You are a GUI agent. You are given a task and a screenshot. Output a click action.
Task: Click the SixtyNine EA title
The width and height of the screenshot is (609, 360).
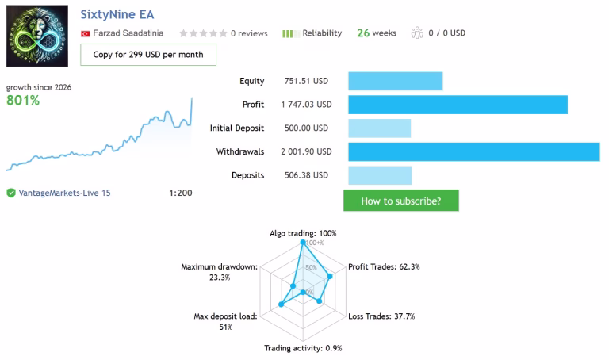click(x=117, y=15)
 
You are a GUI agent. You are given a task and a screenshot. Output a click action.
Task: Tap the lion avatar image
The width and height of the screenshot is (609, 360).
click(x=37, y=36)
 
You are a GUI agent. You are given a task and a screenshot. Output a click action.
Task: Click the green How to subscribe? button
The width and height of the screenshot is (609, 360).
click(x=400, y=201)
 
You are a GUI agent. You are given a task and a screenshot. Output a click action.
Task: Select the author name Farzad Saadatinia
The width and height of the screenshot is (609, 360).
click(x=128, y=33)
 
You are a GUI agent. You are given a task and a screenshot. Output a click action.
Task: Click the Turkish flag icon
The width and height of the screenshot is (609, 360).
click(x=86, y=34)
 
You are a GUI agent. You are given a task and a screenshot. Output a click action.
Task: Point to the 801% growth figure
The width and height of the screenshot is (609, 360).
click(x=23, y=101)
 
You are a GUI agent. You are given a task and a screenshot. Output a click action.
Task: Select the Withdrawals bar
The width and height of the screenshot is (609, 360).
click(x=474, y=151)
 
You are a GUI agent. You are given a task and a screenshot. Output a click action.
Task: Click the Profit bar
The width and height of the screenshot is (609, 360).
click(x=458, y=105)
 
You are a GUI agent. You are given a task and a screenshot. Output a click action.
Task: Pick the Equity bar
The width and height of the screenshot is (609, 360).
click(x=396, y=81)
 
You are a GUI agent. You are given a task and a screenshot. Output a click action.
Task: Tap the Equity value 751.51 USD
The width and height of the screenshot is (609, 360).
click(x=306, y=81)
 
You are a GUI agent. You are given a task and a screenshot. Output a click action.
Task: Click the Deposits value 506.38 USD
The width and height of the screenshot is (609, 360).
click(x=306, y=175)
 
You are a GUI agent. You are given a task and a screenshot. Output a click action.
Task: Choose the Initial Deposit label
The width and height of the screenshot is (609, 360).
click(x=237, y=128)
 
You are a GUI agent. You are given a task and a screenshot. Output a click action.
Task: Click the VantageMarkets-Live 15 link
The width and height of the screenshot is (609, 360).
click(x=64, y=193)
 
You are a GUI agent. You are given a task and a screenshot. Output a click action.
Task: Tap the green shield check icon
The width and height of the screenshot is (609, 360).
click(x=11, y=193)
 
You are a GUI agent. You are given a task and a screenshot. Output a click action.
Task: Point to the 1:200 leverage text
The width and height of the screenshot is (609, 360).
click(x=181, y=193)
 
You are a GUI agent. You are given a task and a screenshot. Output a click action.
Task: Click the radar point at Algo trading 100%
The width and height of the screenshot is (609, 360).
click(x=303, y=243)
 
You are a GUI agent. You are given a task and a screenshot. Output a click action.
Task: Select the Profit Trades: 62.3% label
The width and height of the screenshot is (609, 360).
click(x=384, y=266)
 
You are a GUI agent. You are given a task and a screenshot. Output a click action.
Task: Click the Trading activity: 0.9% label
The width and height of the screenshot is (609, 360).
click(x=303, y=348)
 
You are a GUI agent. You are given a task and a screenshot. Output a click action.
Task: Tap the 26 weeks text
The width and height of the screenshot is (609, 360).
click(x=377, y=33)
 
